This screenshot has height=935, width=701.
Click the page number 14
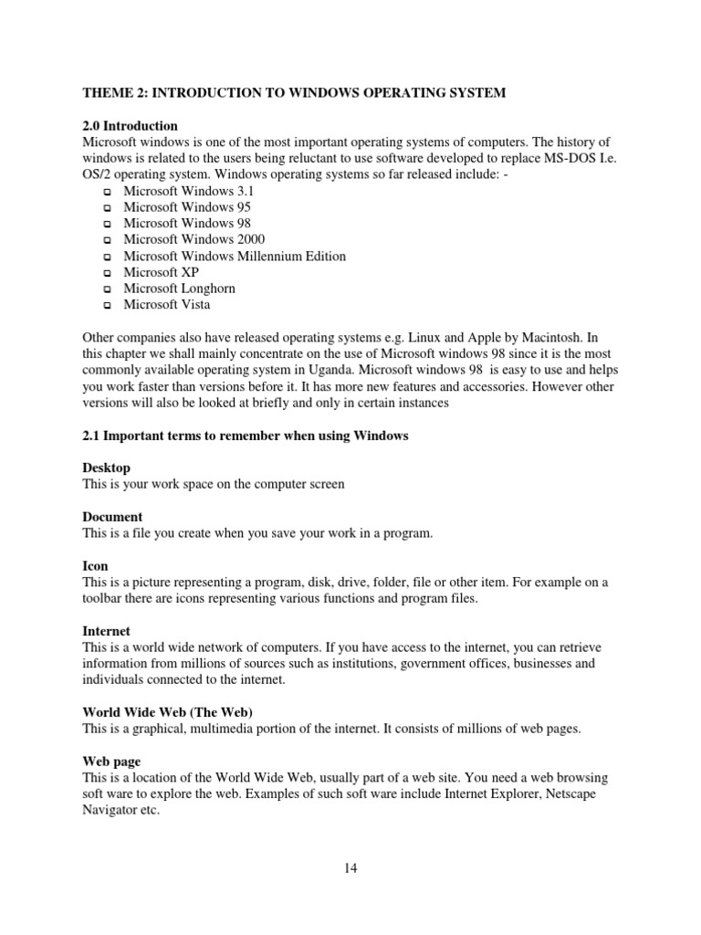click(350, 868)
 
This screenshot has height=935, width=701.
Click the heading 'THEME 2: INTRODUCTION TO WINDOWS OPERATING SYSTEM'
click(293, 93)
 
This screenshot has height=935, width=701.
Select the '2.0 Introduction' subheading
click(130, 126)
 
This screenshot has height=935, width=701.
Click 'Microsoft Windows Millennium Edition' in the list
click(235, 257)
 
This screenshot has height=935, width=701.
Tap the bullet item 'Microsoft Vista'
click(166, 305)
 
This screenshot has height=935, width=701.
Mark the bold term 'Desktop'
click(106, 468)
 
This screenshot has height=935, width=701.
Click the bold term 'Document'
click(112, 517)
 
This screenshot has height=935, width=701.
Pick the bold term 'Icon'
click(95, 566)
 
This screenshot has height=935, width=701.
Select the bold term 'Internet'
click(106, 631)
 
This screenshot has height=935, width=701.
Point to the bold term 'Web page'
click(111, 761)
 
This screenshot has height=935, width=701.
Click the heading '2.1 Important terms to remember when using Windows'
click(245, 436)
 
